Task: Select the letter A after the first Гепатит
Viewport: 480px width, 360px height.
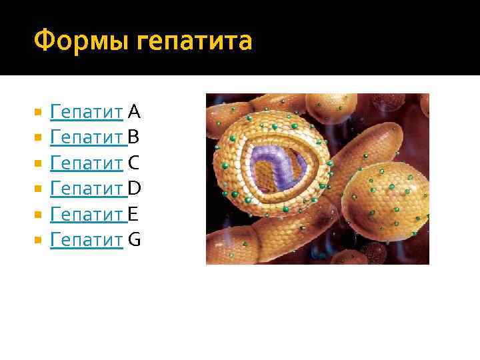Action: tap(133, 111)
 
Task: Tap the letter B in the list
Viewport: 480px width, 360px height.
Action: tap(133, 137)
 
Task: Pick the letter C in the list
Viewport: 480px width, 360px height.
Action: tap(133, 162)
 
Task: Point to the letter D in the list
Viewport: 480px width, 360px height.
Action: tap(134, 188)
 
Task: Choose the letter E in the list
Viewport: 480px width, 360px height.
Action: tap(133, 213)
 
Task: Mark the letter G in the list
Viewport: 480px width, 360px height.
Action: tap(134, 239)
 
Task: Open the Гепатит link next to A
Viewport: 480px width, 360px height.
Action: tap(87, 111)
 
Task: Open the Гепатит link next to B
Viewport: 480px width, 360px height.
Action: tap(87, 137)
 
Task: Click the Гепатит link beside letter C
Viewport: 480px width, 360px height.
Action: tap(87, 163)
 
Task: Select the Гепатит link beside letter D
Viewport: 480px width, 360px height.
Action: tap(87, 189)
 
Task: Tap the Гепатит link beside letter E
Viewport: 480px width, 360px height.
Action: tap(87, 214)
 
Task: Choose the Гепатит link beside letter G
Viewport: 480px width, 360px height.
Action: tap(87, 240)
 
